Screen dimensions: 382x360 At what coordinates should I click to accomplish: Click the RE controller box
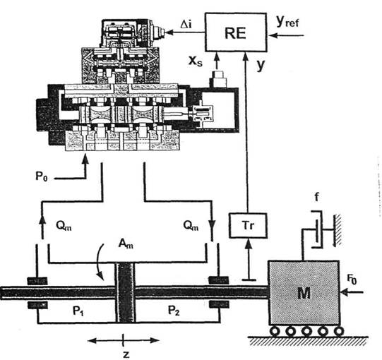(x=236, y=32)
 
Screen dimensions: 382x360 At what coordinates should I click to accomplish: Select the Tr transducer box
(x=248, y=225)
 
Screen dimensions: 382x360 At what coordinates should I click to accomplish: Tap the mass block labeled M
(x=304, y=293)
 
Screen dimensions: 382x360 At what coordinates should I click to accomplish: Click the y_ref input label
(x=287, y=21)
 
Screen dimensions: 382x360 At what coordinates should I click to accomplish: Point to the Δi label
(x=186, y=25)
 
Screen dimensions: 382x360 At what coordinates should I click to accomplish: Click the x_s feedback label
(x=196, y=61)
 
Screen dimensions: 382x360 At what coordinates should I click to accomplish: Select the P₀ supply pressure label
(x=42, y=176)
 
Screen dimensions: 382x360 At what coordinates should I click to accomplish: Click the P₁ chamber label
(x=78, y=311)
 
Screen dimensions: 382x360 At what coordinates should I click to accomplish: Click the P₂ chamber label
(x=174, y=311)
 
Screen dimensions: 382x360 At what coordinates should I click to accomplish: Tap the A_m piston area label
(x=126, y=244)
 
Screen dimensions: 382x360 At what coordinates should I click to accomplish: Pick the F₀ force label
(x=352, y=279)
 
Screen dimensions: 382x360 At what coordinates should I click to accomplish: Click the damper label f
(x=316, y=197)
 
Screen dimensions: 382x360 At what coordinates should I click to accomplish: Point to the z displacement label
(x=126, y=354)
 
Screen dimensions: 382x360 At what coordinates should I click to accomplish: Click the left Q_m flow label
(x=64, y=226)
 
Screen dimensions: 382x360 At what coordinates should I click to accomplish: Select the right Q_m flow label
(x=191, y=226)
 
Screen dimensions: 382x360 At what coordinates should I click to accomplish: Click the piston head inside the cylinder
(x=125, y=292)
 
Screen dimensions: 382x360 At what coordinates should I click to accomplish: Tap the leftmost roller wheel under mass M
(x=275, y=331)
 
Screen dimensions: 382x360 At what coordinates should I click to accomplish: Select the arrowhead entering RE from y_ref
(x=273, y=35)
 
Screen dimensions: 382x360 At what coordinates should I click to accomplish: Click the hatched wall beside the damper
(x=338, y=230)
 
